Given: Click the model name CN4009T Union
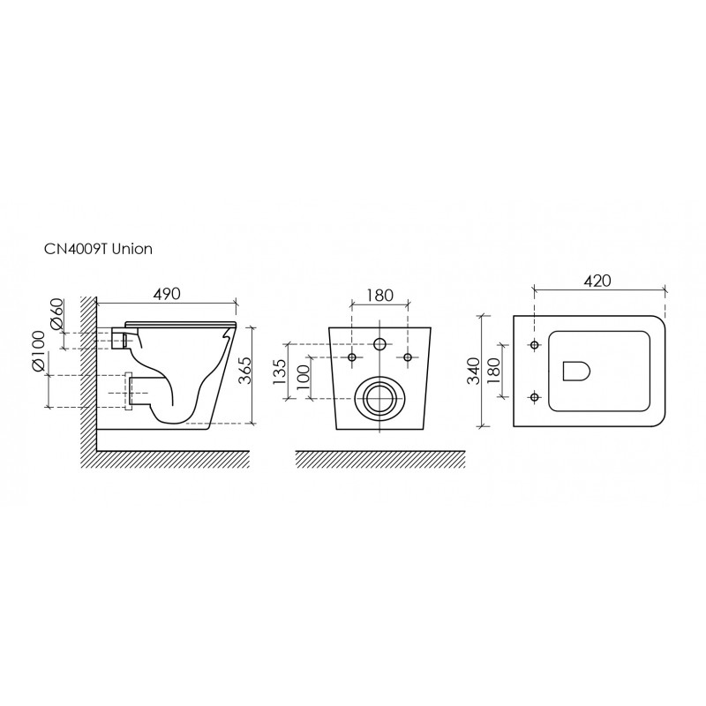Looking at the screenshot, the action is (98, 249).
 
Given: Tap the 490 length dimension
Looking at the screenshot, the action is (167, 294).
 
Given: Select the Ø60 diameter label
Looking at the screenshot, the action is (56, 314).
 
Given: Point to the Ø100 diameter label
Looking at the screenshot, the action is (38, 352).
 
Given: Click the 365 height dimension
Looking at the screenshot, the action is (244, 370).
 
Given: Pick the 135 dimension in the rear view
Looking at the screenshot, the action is (279, 372).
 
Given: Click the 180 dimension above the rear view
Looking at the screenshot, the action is (379, 296).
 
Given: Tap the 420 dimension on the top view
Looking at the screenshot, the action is (597, 281).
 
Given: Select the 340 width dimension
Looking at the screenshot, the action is (473, 371).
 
